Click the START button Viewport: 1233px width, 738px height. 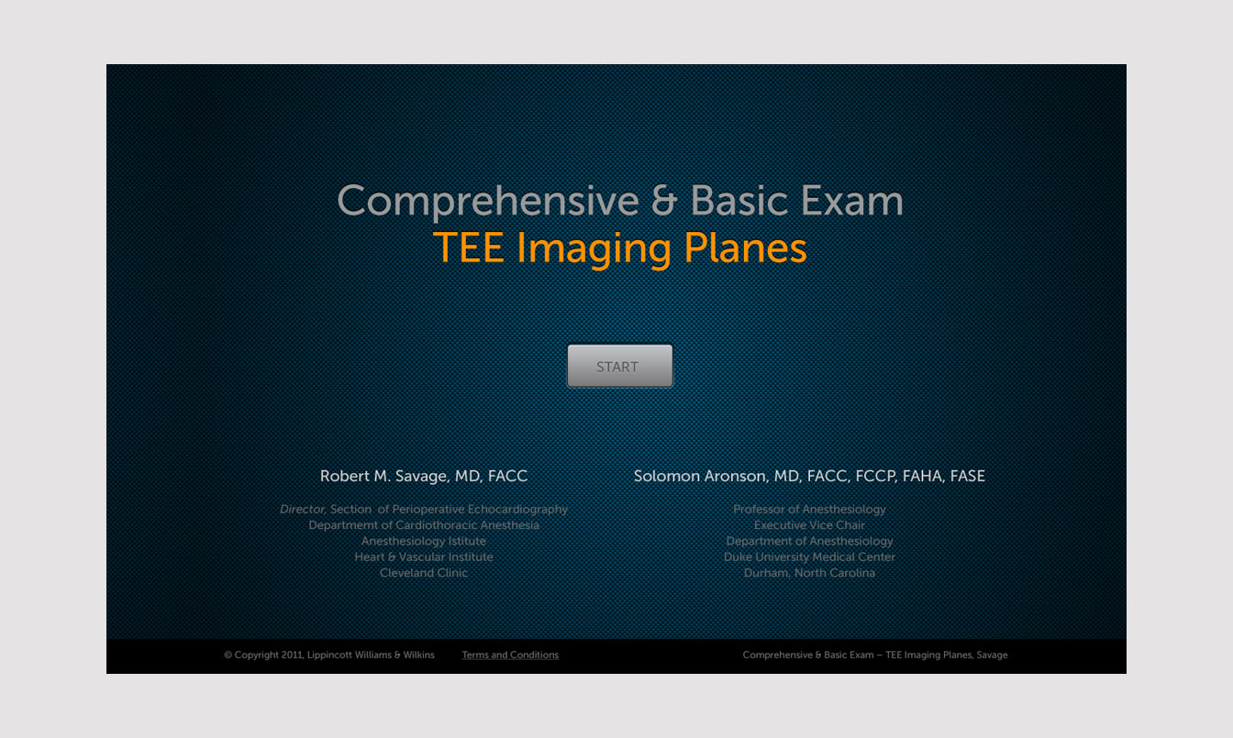coord(620,367)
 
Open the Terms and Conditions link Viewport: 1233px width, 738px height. coord(510,655)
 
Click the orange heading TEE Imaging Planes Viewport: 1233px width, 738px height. coord(620,248)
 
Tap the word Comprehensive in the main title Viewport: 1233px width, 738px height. coord(488,202)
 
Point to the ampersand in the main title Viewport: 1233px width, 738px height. coord(664,200)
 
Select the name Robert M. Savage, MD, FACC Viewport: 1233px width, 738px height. coord(424,476)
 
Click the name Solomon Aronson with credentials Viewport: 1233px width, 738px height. coord(809,476)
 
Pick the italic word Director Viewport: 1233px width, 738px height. coord(303,509)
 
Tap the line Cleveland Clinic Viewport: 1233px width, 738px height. coord(424,572)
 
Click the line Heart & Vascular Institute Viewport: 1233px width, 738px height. coord(424,556)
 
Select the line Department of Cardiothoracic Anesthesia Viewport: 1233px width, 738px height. coord(424,525)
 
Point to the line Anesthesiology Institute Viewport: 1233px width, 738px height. coord(424,541)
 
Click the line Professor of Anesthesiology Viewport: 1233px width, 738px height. coord(810,509)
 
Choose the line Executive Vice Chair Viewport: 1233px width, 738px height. coord(810,525)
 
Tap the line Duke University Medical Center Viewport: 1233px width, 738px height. coord(810,557)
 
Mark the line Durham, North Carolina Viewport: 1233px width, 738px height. coord(810,573)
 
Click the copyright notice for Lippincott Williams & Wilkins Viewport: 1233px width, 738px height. coord(329,655)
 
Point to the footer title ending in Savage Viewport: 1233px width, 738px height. coord(875,655)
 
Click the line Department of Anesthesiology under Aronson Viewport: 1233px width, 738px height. coord(810,541)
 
